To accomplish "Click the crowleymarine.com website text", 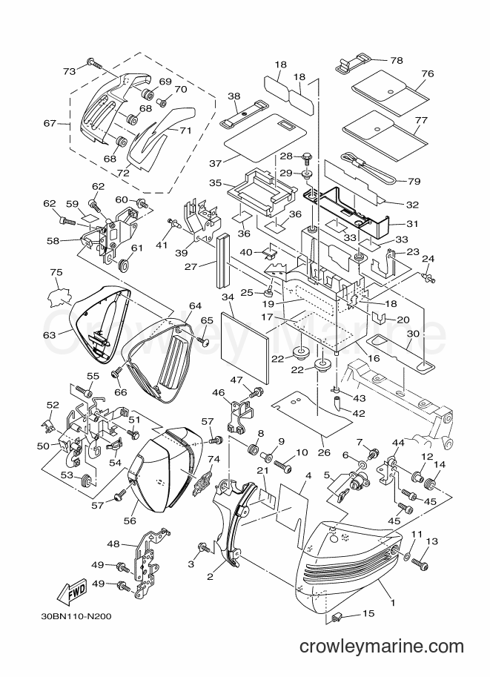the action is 382,647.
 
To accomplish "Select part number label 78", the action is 396,60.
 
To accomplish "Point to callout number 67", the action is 50,123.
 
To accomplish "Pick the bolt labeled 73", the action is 93,63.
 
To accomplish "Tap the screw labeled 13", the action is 420,563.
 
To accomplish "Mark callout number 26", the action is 324,452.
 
